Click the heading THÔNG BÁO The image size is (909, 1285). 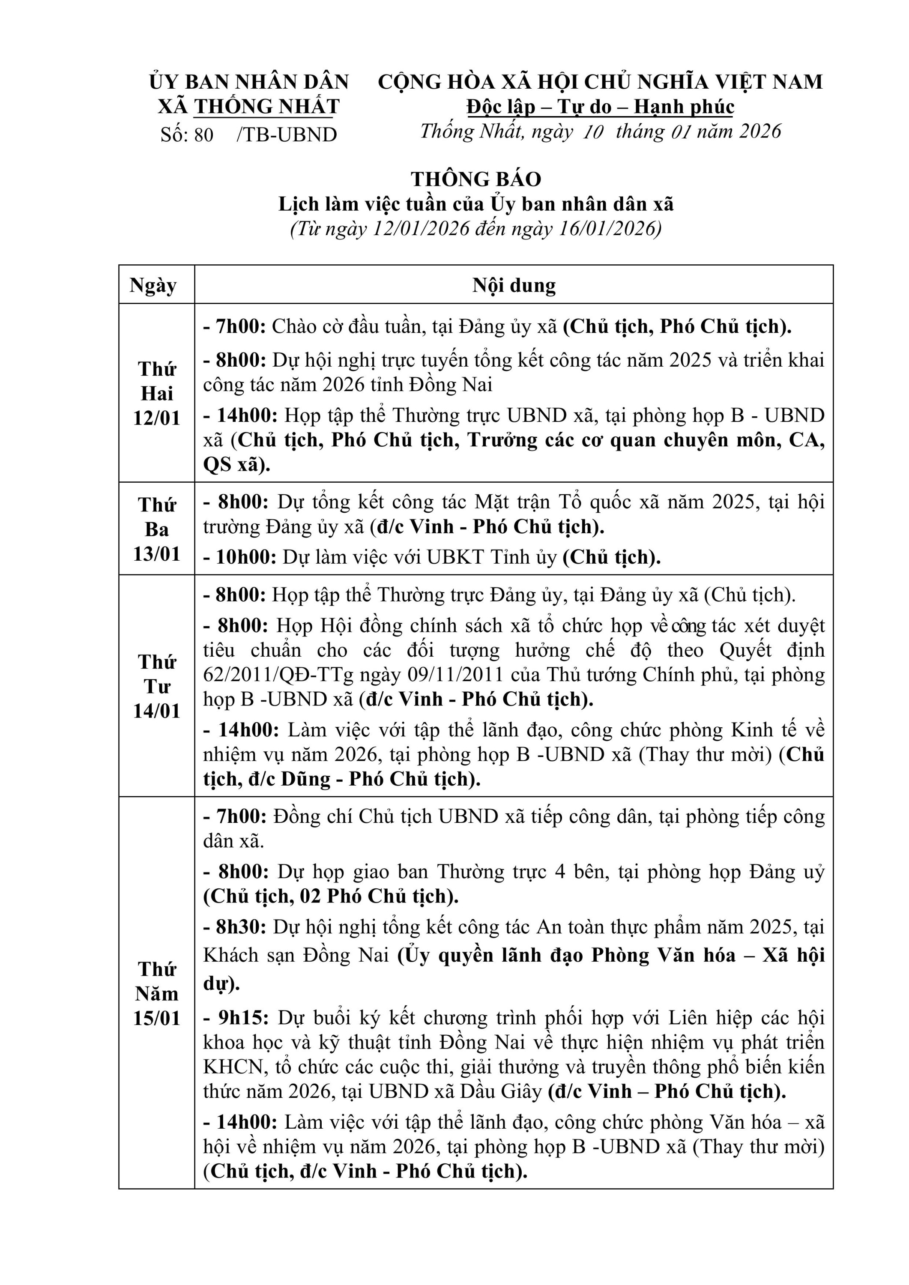coord(476,179)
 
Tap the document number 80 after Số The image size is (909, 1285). coord(204,135)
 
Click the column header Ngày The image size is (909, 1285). coord(153,285)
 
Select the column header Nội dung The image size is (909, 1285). coord(514,285)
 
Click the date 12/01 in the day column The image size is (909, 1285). coord(157,418)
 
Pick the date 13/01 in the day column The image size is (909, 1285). coord(157,553)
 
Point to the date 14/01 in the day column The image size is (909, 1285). coord(157,711)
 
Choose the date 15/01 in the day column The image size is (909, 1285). coord(157,1018)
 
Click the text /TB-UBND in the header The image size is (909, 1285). coord(287,135)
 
